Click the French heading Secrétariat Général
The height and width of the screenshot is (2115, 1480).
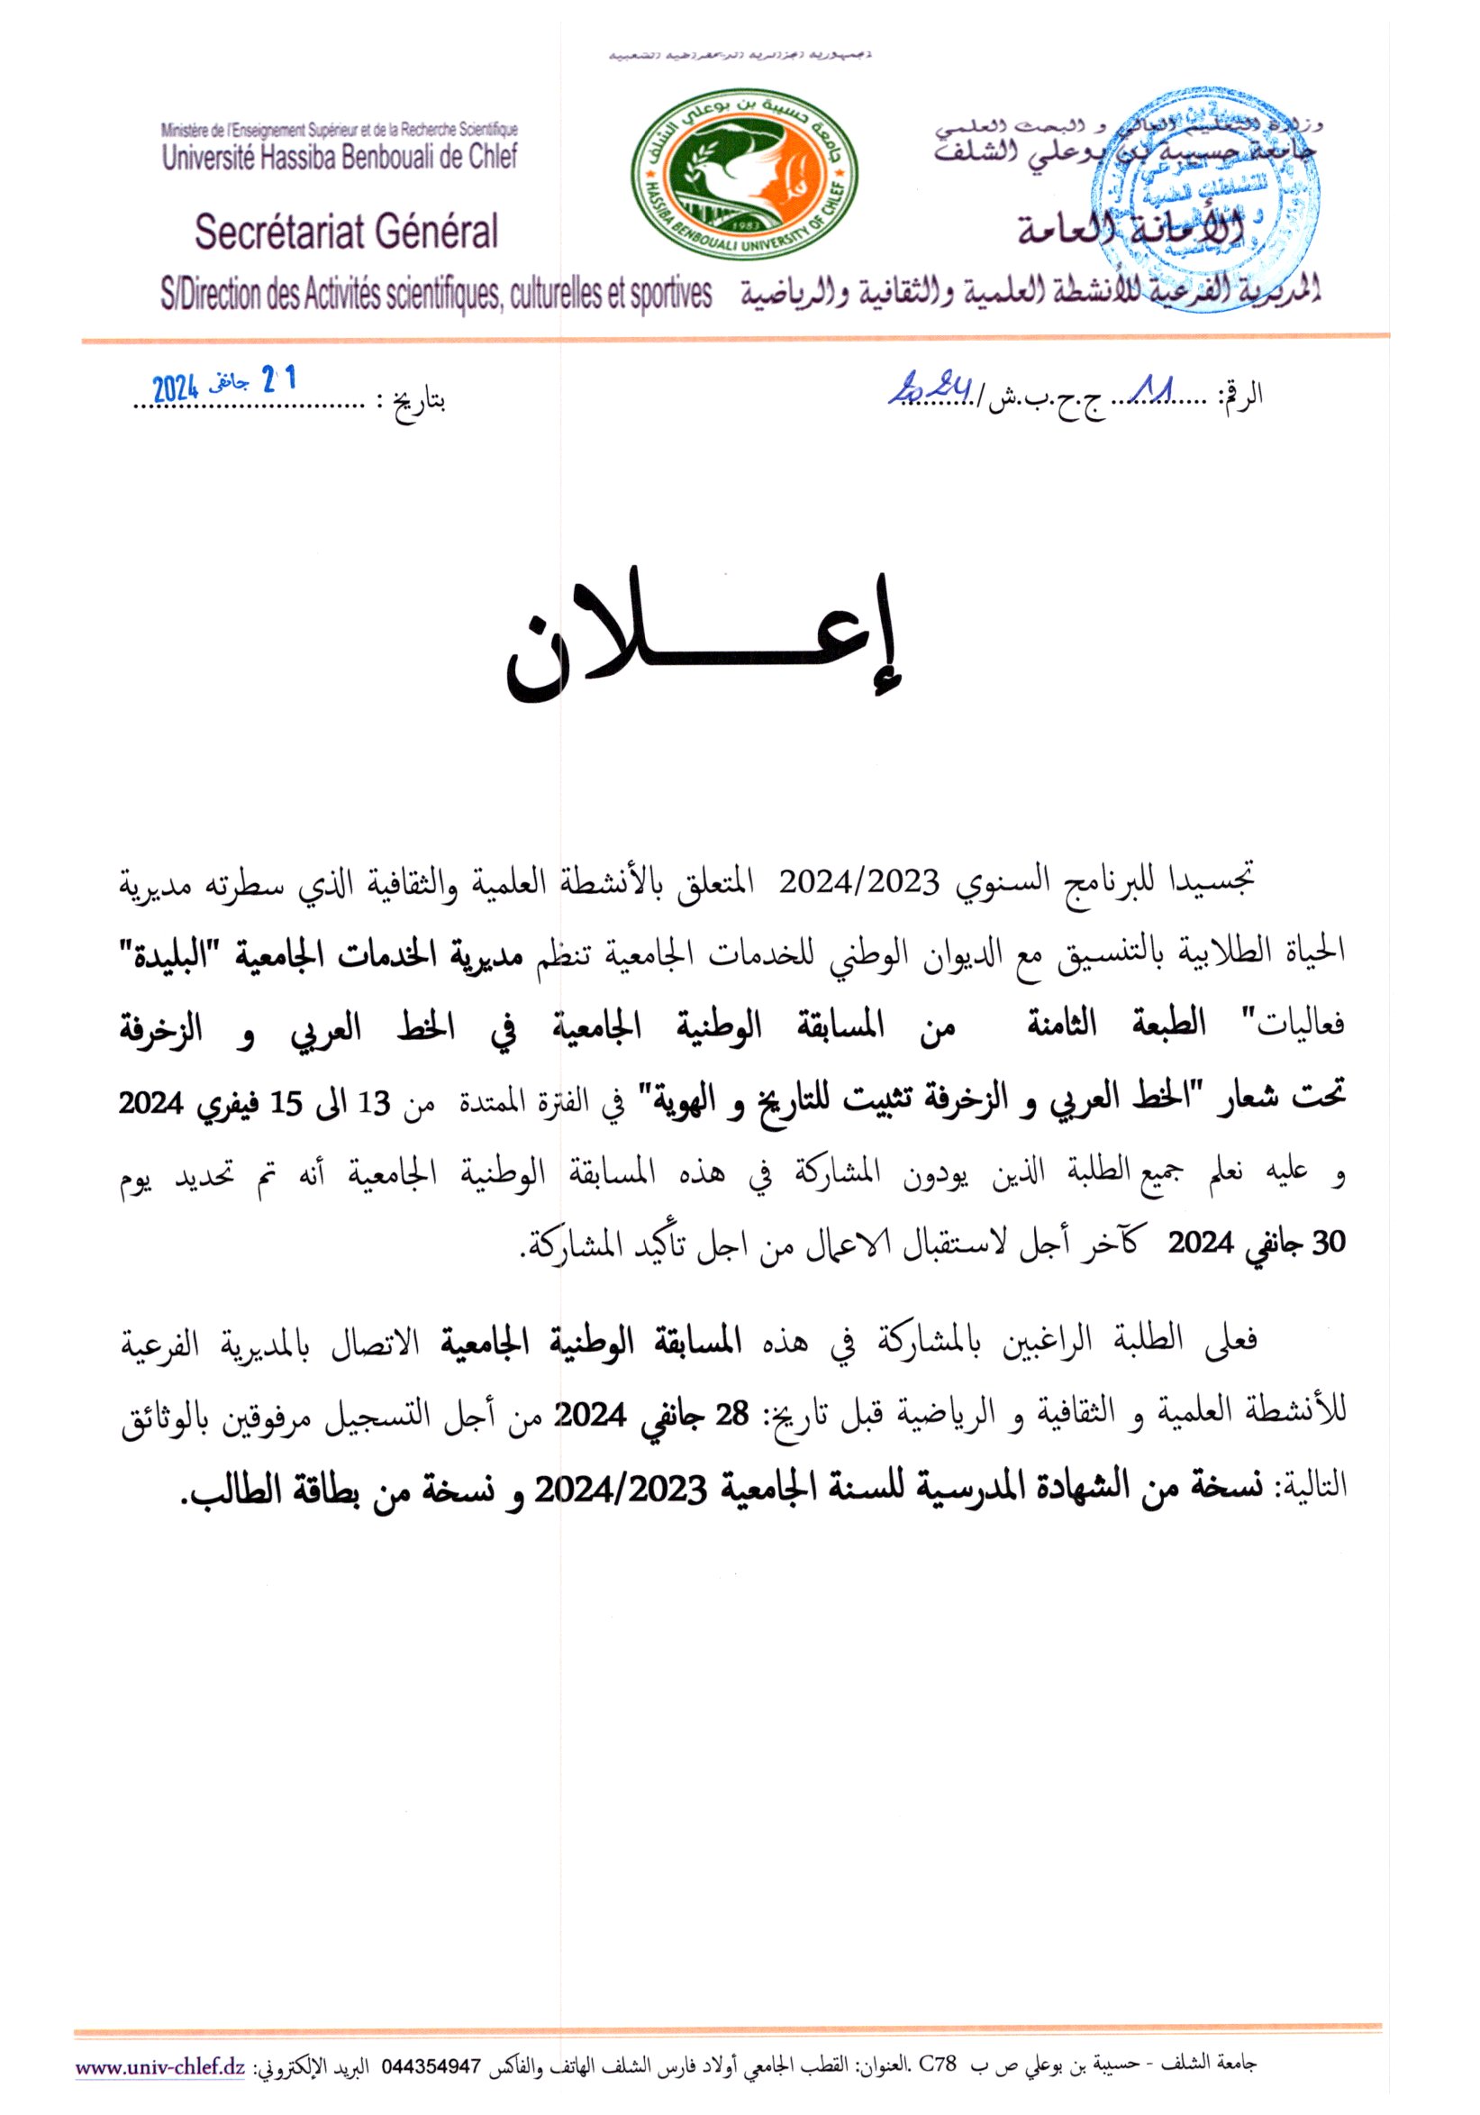(346, 232)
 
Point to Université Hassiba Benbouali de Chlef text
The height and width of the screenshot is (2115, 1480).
(340, 157)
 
